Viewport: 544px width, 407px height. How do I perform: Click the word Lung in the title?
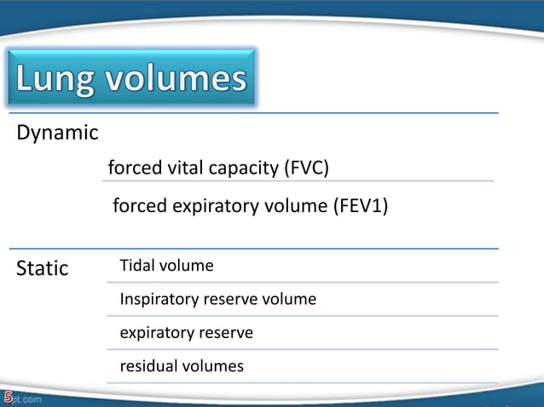click(x=56, y=79)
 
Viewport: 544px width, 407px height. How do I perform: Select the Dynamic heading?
click(x=57, y=134)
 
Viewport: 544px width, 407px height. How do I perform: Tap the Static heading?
click(x=43, y=268)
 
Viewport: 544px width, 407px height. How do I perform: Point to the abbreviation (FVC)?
click(x=305, y=168)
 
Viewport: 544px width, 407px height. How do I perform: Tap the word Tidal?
click(x=137, y=266)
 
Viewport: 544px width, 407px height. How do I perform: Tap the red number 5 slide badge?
click(x=8, y=397)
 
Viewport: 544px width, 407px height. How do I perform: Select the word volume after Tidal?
click(x=188, y=266)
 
